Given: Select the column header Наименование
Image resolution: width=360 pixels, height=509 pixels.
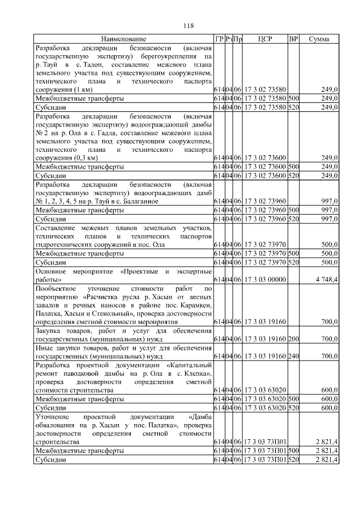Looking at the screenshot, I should (x=123, y=39).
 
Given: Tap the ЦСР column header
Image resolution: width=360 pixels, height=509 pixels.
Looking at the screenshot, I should (x=265, y=39).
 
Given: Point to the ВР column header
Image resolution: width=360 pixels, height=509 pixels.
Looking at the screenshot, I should (x=293, y=39).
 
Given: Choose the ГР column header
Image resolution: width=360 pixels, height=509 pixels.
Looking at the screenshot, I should (x=219, y=39).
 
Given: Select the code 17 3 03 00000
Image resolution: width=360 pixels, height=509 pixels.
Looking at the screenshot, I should (x=265, y=280).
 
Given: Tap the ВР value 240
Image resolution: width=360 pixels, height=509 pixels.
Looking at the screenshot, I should (x=293, y=357).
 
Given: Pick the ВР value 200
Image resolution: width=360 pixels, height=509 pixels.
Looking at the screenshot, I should (x=293, y=340).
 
